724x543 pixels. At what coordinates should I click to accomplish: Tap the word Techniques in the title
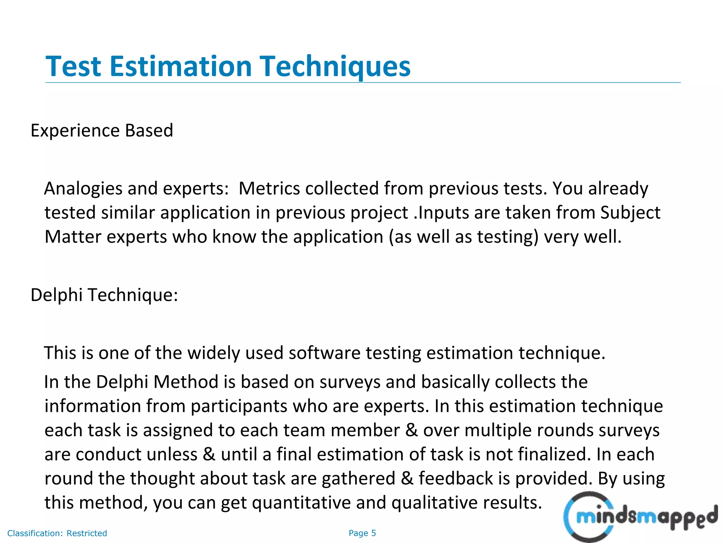(335, 66)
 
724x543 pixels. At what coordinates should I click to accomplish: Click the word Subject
(630, 213)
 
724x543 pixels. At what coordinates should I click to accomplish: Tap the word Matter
(73, 237)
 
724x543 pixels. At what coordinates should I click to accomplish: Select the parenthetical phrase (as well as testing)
(463, 237)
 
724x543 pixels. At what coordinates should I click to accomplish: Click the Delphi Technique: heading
(104, 295)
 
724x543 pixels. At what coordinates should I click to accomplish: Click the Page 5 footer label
(362, 533)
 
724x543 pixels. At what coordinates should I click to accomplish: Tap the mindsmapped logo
(640, 517)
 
